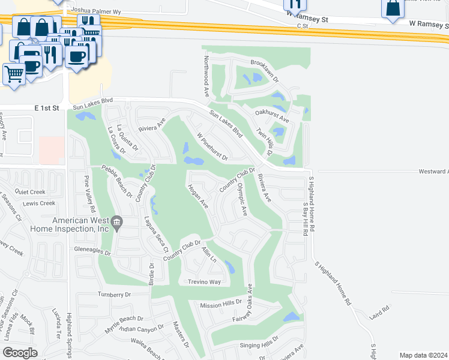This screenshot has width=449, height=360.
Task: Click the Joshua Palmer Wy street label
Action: (x=95, y=11)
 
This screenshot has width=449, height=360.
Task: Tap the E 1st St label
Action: (x=47, y=107)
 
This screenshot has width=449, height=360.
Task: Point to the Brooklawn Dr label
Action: (x=265, y=71)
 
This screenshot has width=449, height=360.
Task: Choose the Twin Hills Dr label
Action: (x=265, y=142)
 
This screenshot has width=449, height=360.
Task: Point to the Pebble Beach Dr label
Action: (x=116, y=181)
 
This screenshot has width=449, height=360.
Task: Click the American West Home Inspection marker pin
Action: (x=117, y=223)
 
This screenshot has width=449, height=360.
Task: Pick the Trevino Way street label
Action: (x=204, y=281)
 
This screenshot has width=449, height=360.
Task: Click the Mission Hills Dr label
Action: (x=220, y=305)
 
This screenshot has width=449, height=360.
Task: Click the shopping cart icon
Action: (x=14, y=74)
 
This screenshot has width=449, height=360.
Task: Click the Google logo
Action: (x=20, y=353)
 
